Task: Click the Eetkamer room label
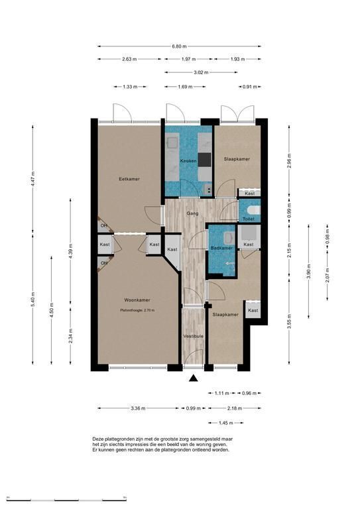click(129, 179)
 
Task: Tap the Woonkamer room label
click(137, 300)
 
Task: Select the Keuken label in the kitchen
click(188, 161)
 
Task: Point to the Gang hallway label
click(192, 213)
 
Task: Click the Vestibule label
click(194, 336)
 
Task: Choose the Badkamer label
click(221, 248)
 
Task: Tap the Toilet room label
click(249, 219)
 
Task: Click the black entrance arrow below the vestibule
click(194, 378)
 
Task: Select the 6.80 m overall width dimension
click(179, 46)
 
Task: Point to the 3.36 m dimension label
click(138, 408)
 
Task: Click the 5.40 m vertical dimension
click(32, 300)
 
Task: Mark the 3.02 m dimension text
click(201, 72)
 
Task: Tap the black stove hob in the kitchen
click(205, 159)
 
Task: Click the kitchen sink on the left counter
click(172, 142)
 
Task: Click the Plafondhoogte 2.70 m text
click(137, 310)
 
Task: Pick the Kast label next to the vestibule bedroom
click(253, 310)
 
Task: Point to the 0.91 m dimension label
click(250, 87)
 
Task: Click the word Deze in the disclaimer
click(98, 439)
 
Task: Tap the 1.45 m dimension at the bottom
click(226, 423)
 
